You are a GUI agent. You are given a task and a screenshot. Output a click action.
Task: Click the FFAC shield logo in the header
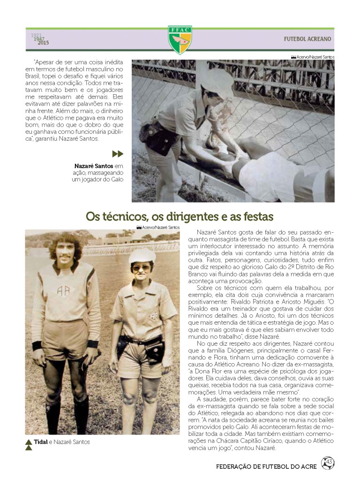click(x=180, y=39)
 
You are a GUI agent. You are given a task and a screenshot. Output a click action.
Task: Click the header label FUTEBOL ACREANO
click(x=307, y=39)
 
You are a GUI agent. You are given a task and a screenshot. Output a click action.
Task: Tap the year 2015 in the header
click(x=44, y=43)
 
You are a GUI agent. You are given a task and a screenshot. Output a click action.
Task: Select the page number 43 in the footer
click(x=329, y=463)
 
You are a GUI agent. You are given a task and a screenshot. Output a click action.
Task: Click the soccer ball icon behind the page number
click(x=328, y=463)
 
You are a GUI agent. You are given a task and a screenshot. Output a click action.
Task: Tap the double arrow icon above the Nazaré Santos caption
click(x=118, y=154)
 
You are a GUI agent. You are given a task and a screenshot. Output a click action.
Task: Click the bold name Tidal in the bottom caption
click(x=40, y=442)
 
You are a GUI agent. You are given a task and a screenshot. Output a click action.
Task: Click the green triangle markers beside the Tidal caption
click(x=29, y=444)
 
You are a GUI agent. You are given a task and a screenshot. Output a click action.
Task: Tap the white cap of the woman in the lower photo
click(x=142, y=256)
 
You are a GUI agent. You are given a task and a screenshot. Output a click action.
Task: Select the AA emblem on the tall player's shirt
click(x=63, y=290)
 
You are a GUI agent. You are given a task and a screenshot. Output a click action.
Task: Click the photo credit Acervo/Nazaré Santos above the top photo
click(x=313, y=57)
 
